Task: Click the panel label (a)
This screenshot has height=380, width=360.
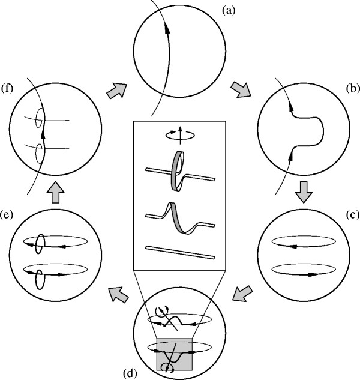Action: pyautogui.click(x=229, y=11)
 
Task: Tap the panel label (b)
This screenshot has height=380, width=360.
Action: pyautogui.click(x=353, y=88)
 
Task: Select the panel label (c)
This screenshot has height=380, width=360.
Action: pyautogui.click(x=353, y=215)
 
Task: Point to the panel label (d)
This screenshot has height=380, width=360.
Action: pyautogui.click(x=130, y=373)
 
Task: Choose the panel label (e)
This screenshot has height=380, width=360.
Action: pyautogui.click(x=7, y=215)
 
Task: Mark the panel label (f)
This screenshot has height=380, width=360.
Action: pyautogui.click(x=7, y=89)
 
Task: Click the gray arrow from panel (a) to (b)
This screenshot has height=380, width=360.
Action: pyautogui.click(x=241, y=89)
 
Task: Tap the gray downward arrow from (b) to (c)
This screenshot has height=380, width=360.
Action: pyautogui.click(x=304, y=192)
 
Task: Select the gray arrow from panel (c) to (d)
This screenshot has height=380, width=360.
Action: pyautogui.click(x=242, y=294)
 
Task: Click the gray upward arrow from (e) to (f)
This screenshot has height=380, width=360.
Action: pyautogui.click(x=55, y=192)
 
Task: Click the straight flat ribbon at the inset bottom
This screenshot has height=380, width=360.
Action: pyautogui.click(x=180, y=252)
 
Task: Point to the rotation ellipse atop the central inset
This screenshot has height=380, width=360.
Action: pyautogui.click(x=180, y=136)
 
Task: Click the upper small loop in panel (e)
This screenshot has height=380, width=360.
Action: pyautogui.click(x=40, y=244)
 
